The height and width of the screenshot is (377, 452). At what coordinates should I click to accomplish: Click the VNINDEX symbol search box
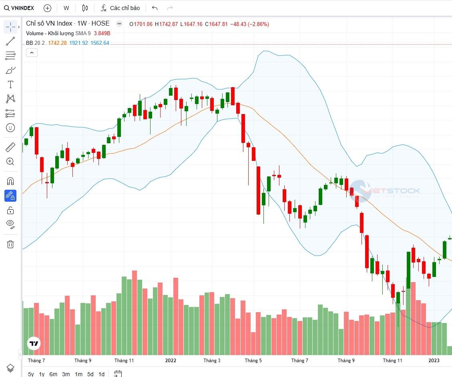coord(19,8)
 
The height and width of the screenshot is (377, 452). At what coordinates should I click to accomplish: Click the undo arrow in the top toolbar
coord(155,8)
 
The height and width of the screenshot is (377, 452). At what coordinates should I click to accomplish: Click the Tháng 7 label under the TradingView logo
coord(36,361)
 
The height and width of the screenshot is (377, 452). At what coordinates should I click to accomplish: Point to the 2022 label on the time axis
coord(171,361)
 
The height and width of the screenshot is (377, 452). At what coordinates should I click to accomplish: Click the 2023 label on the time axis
coord(434,361)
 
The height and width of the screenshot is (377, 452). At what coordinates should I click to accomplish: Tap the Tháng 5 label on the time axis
coord(253,361)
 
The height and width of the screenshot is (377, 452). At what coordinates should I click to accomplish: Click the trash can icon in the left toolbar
coord(10,244)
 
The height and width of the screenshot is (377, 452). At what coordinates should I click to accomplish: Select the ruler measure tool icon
coord(10,148)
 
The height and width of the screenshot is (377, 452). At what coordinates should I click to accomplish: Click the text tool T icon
coord(10,84)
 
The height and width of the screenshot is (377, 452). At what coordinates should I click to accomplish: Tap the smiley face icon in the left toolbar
coord(10,128)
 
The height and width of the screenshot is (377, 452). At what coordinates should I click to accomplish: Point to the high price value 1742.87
coord(169,24)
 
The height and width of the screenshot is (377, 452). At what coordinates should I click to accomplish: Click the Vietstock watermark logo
coord(384,191)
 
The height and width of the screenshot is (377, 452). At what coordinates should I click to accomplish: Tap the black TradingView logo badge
coord(34,343)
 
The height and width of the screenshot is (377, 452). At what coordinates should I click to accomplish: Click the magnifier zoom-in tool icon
coord(10,162)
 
